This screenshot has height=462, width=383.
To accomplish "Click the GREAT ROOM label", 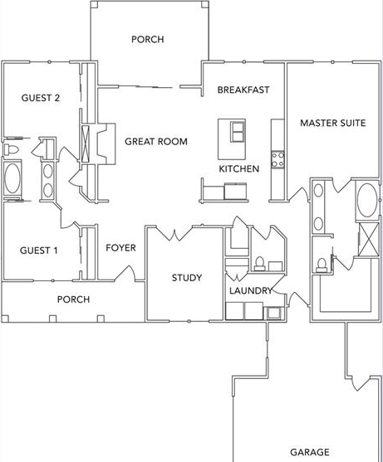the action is tap(156, 142).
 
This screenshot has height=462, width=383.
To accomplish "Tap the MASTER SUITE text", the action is tap(333, 123).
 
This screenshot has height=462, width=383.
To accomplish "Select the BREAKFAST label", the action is tap(243, 90).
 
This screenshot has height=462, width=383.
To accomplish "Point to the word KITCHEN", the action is tap(239, 169).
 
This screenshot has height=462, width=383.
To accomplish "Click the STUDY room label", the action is tap(187, 278).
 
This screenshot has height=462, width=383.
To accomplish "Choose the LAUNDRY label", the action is tap(251, 291).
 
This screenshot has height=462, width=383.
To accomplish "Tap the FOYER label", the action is tap(120, 248).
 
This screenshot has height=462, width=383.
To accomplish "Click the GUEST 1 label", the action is tap(39, 250).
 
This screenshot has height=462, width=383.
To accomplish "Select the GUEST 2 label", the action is tap(41, 98).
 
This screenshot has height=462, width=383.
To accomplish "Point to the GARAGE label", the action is tap(310, 452).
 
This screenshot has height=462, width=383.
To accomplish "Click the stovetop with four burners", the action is tap(277, 159).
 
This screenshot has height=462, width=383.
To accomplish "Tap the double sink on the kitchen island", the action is tap(238, 131).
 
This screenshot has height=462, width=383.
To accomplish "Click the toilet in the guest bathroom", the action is tap(11, 149).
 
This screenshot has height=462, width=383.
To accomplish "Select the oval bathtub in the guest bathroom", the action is tap(12, 178).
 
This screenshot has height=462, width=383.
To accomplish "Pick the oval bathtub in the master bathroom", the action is tap(366, 200).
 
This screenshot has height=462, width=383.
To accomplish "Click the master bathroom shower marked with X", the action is tap(368, 239).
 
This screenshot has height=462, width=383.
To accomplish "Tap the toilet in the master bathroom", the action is tap(321, 265).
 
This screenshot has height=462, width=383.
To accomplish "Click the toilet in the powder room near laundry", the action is tap(260, 264).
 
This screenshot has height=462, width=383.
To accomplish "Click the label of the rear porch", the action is tap(148, 39).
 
